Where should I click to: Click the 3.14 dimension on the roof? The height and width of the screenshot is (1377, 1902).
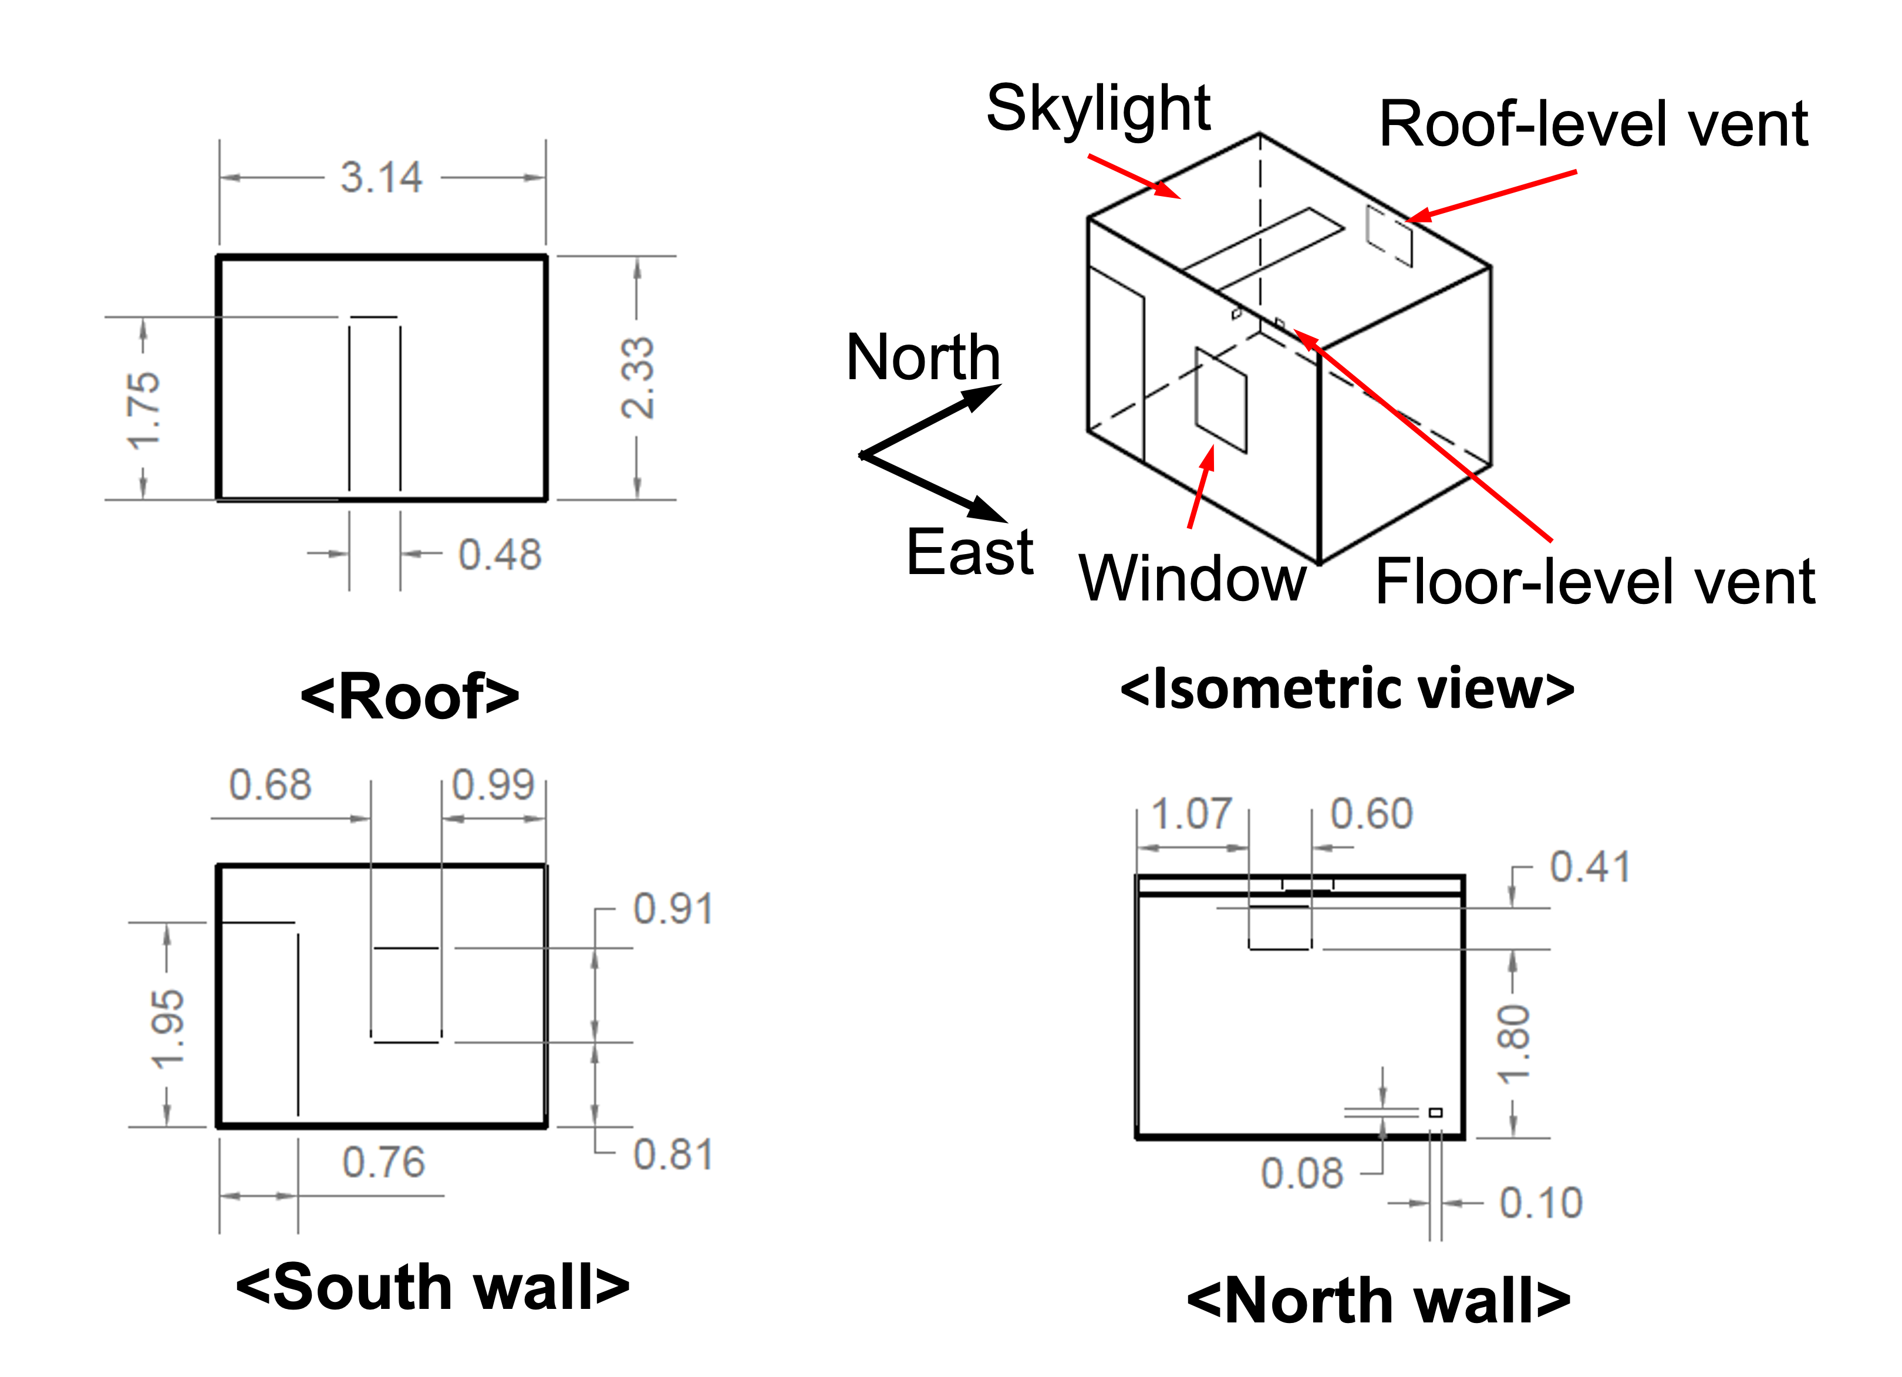point(382,178)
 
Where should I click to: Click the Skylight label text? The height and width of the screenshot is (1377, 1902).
point(1098,110)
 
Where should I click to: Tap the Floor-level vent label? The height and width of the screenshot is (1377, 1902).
point(1595,582)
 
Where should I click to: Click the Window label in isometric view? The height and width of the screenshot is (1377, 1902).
point(1192,579)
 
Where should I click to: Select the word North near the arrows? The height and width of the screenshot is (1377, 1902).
point(922,358)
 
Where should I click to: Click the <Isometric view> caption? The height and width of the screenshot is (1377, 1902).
point(1347,689)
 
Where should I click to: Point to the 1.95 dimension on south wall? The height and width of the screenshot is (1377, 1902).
point(167,1030)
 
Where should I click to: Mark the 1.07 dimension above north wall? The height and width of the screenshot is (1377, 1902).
point(1191,814)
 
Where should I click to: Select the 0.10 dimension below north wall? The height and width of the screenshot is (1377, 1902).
point(1540,1203)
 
